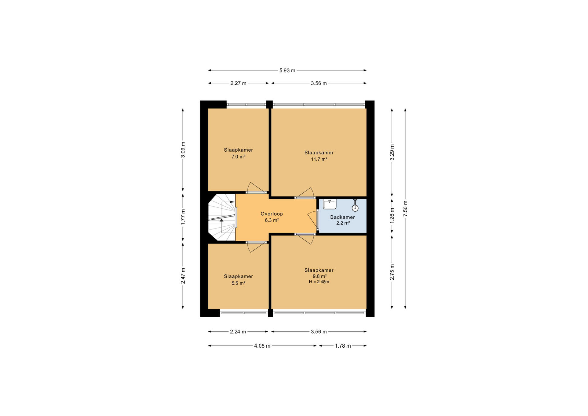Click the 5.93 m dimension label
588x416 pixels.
(287, 70)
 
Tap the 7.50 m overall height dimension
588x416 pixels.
(405, 209)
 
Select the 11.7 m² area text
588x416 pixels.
(319, 159)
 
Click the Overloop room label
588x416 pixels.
(272, 214)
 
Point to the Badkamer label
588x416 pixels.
(342, 217)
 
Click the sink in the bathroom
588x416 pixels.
(330, 204)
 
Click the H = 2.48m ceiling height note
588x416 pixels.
(319, 282)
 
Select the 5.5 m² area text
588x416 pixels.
(238, 283)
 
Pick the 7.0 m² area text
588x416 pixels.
(238, 157)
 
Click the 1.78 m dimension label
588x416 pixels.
(343, 346)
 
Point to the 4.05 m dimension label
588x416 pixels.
(262, 346)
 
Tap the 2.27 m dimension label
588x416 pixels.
(238, 83)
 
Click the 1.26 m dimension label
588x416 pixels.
(392, 215)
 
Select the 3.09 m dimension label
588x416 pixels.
(183, 150)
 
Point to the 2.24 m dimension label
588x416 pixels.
(238, 332)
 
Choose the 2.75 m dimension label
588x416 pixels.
(392, 272)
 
